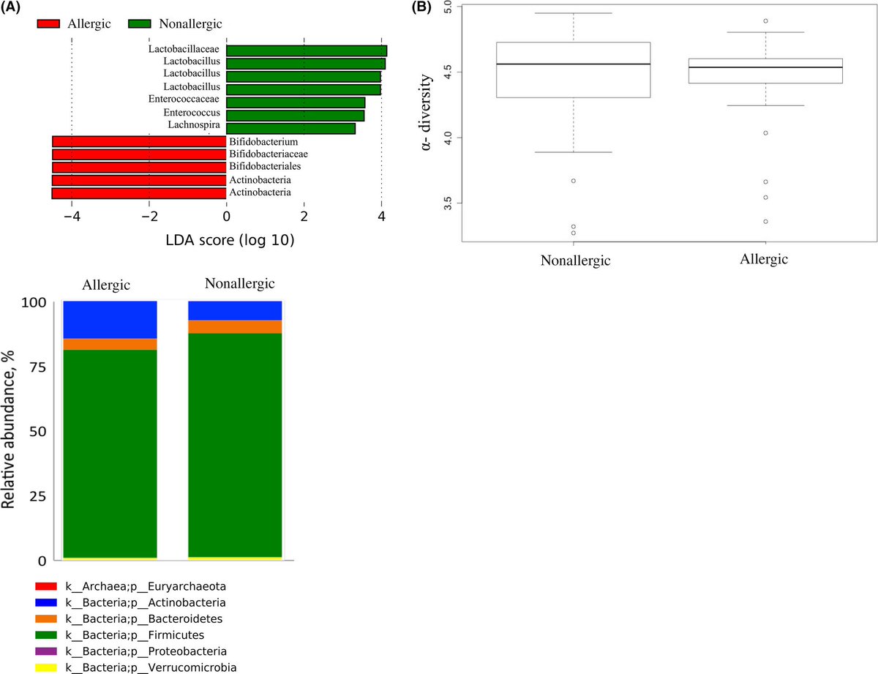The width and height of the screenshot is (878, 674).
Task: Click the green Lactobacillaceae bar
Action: [x=306, y=50]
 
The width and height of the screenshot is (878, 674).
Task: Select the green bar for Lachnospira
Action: [x=290, y=129]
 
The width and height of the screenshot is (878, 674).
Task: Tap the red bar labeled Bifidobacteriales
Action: [x=139, y=167]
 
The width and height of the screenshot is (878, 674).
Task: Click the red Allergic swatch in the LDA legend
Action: [x=52, y=23]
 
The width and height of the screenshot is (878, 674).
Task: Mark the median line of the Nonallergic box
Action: [x=573, y=64]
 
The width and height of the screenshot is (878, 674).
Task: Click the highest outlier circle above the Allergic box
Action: [x=765, y=21]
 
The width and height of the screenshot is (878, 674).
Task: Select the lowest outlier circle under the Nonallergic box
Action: [x=573, y=233]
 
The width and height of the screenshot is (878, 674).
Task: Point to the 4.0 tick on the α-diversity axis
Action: [x=449, y=137]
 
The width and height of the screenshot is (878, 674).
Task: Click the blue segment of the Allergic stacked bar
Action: [x=110, y=319]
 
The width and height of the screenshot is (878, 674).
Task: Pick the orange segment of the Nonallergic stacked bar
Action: [x=235, y=327]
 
